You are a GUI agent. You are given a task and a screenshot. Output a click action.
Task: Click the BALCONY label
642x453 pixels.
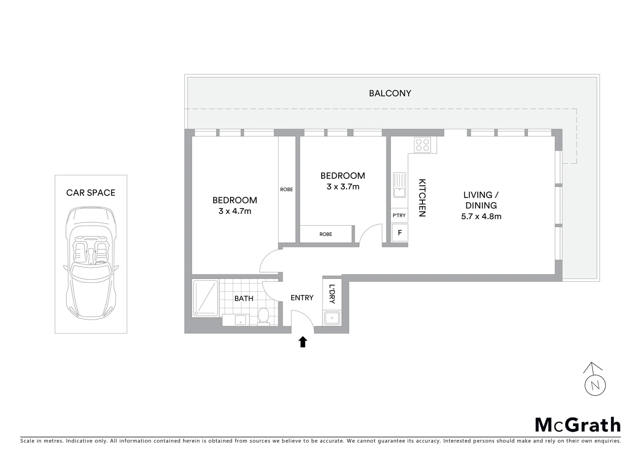coord(390,93)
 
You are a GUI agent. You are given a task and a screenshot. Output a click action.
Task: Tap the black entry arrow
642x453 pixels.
coord(302,342)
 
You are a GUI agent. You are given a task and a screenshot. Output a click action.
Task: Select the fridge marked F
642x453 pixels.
coord(400,232)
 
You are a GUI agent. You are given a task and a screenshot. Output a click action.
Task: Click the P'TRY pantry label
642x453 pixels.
coord(399,215)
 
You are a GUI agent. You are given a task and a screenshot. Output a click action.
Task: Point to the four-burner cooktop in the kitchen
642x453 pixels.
coord(422,145)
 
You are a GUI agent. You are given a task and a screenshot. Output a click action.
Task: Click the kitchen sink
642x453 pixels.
coord(399,185)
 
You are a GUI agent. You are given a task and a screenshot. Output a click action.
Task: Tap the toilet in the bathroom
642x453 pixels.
coord(263,316)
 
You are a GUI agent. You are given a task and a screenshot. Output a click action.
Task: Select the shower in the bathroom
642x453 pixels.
coord(205,298)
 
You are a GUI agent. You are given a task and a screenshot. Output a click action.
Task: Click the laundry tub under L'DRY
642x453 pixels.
coord(332,318)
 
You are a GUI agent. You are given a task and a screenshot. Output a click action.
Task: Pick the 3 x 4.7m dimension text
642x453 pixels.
coord(235,211)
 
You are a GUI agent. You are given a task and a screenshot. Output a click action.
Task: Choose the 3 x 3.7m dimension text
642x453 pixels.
coord(343,187)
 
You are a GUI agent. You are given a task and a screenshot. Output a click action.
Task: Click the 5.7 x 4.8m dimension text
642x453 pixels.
coord(481,216)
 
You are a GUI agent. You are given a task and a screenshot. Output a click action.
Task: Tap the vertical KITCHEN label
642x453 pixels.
coord(422,198)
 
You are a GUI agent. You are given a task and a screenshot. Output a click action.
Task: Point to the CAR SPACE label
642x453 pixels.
coord(91,193)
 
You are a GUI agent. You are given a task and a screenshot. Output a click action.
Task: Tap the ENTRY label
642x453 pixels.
coord(302,297)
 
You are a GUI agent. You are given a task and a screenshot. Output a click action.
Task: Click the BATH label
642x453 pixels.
coord(244,298)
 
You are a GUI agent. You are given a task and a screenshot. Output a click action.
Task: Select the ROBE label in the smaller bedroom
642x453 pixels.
coord(325,234)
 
